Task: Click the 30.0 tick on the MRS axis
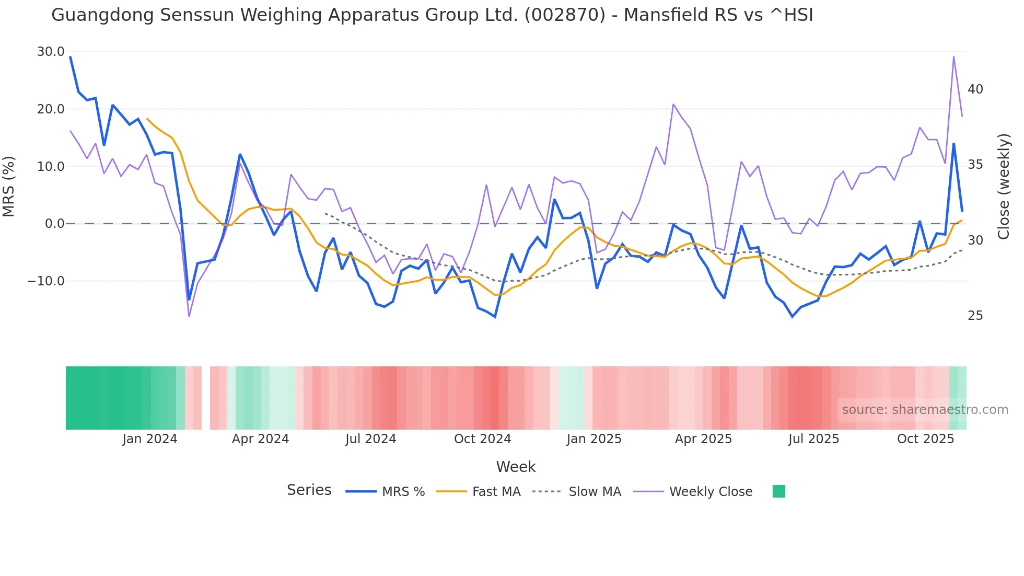[50, 52]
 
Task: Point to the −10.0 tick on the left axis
[46, 281]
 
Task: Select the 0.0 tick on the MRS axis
[54, 224]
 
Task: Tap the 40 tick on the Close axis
[975, 89]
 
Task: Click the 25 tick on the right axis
[975, 316]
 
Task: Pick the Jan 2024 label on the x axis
[150, 439]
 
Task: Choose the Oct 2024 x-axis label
[482, 439]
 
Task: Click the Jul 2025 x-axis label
[813, 439]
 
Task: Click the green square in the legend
[778, 491]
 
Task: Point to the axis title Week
[516, 467]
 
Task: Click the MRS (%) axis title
[9, 187]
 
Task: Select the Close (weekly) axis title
[1004, 187]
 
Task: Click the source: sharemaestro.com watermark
[925, 410]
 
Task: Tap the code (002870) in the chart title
[565, 15]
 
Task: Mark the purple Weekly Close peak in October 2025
[953, 56]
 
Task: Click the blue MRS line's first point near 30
[71, 57]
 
